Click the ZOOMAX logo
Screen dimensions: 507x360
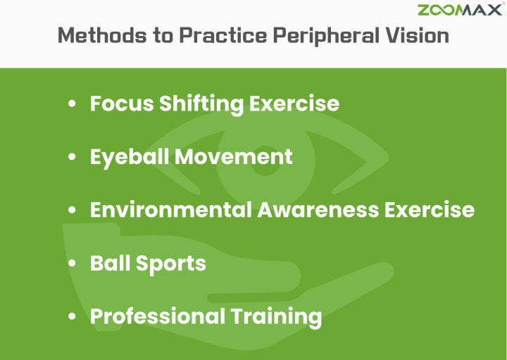pos(460,10)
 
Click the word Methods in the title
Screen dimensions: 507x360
pos(102,35)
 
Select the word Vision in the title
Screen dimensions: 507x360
pos(417,35)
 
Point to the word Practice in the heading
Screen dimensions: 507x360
pos(223,35)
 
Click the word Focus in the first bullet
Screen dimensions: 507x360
pos(122,104)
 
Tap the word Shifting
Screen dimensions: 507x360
pos(201,104)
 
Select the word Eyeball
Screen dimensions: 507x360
pos(130,158)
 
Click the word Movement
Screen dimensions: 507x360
pos(234,157)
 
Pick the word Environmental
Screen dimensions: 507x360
pos(171,210)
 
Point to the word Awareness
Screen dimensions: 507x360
pos(318,210)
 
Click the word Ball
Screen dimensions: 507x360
pos(111,263)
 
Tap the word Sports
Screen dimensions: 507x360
pos(170,264)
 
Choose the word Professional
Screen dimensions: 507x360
pos(158,316)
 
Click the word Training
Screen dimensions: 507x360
pos(276,317)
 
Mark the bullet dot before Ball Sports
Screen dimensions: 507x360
pos(72,263)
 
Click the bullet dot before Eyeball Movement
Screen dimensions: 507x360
pos(72,157)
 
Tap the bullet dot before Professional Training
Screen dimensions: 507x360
pos(72,316)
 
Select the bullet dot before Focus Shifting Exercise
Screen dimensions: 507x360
pos(72,104)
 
